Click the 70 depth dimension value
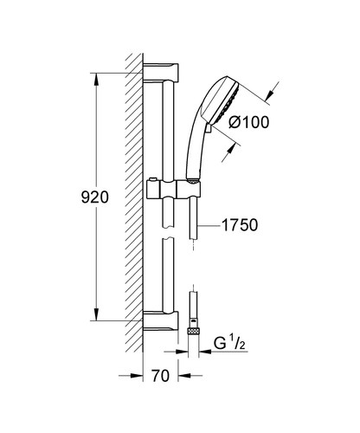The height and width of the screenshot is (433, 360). [157, 401]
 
